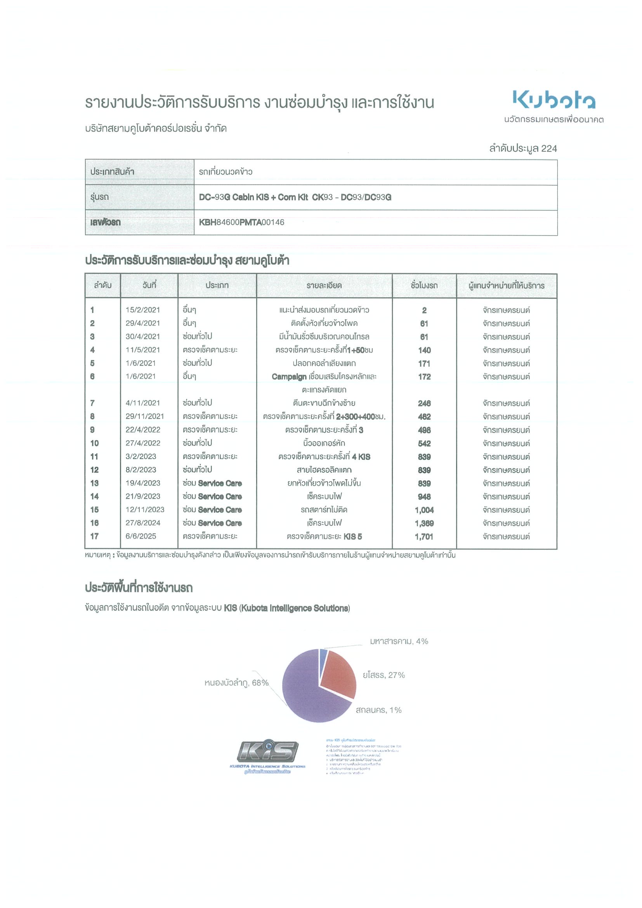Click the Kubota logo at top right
pyautogui.click(x=554, y=100)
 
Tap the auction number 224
pyautogui.click(x=549, y=149)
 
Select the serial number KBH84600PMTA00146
pyautogui.click(x=241, y=222)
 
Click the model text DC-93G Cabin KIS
pyautogui.click(x=234, y=197)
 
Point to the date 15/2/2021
pyautogui.click(x=143, y=310)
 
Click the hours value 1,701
pyautogui.click(x=424, y=537)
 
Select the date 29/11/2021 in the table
pyautogui.click(x=145, y=416)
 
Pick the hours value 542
pyautogui.click(x=424, y=443)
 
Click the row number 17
pyautogui.click(x=94, y=536)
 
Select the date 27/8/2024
pyautogui.click(x=143, y=523)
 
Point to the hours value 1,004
pyautogui.click(x=424, y=510)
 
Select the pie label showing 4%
pyautogui.click(x=399, y=641)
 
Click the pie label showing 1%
pyautogui.click(x=378, y=710)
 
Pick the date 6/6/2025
pyautogui.click(x=141, y=536)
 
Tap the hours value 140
pyautogui.click(x=424, y=350)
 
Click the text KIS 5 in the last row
pyautogui.click(x=352, y=537)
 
